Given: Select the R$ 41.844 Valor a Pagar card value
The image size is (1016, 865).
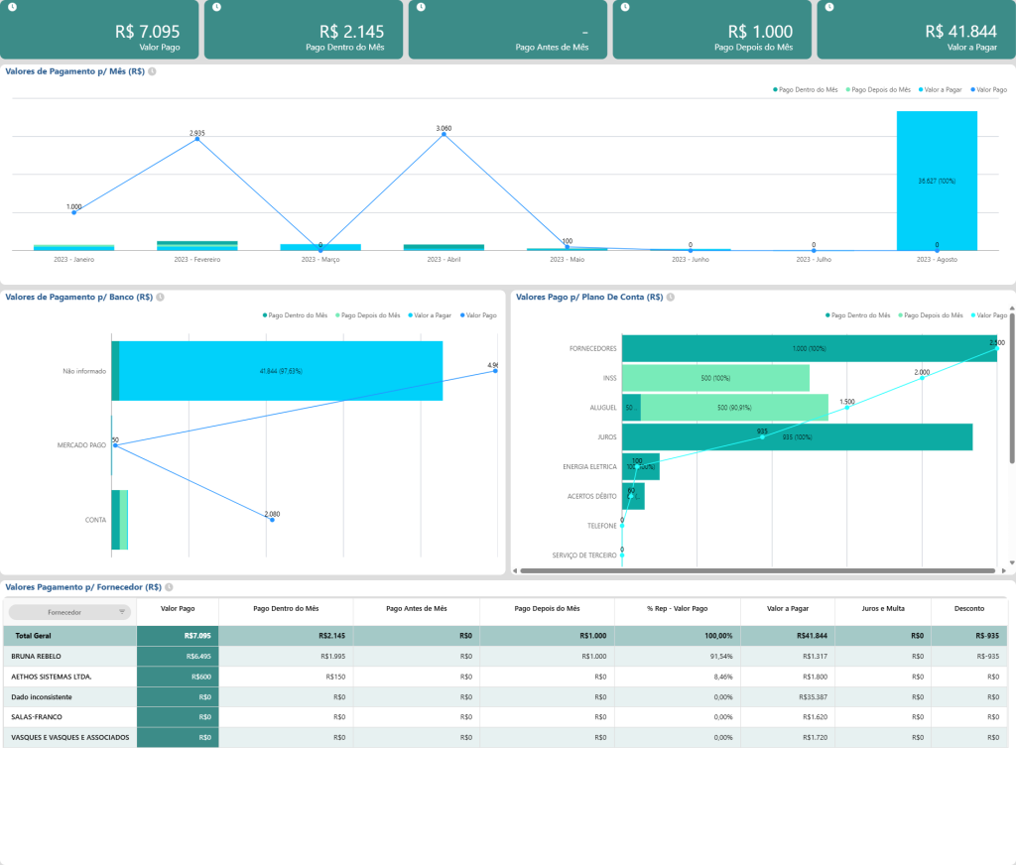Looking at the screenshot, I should point(961,32).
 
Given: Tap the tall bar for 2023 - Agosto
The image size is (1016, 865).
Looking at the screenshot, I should point(937,180).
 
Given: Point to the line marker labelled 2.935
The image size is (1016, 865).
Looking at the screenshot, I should point(196,139).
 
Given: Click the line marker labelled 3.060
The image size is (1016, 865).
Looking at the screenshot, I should point(444,135).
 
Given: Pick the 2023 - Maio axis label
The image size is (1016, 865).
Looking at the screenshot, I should point(567,259).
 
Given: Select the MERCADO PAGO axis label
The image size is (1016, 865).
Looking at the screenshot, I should point(82,445).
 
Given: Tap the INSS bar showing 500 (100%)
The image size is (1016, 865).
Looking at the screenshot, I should point(715,378).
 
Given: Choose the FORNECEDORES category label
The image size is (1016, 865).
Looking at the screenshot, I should point(592,349).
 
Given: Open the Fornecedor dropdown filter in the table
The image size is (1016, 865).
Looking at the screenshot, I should point(69,612).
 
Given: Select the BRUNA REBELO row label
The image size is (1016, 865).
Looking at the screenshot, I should point(37,656).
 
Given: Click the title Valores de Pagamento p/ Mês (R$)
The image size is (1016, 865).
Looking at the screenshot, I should point(75,71).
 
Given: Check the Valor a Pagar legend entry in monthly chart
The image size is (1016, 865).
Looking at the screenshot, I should point(944,89).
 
